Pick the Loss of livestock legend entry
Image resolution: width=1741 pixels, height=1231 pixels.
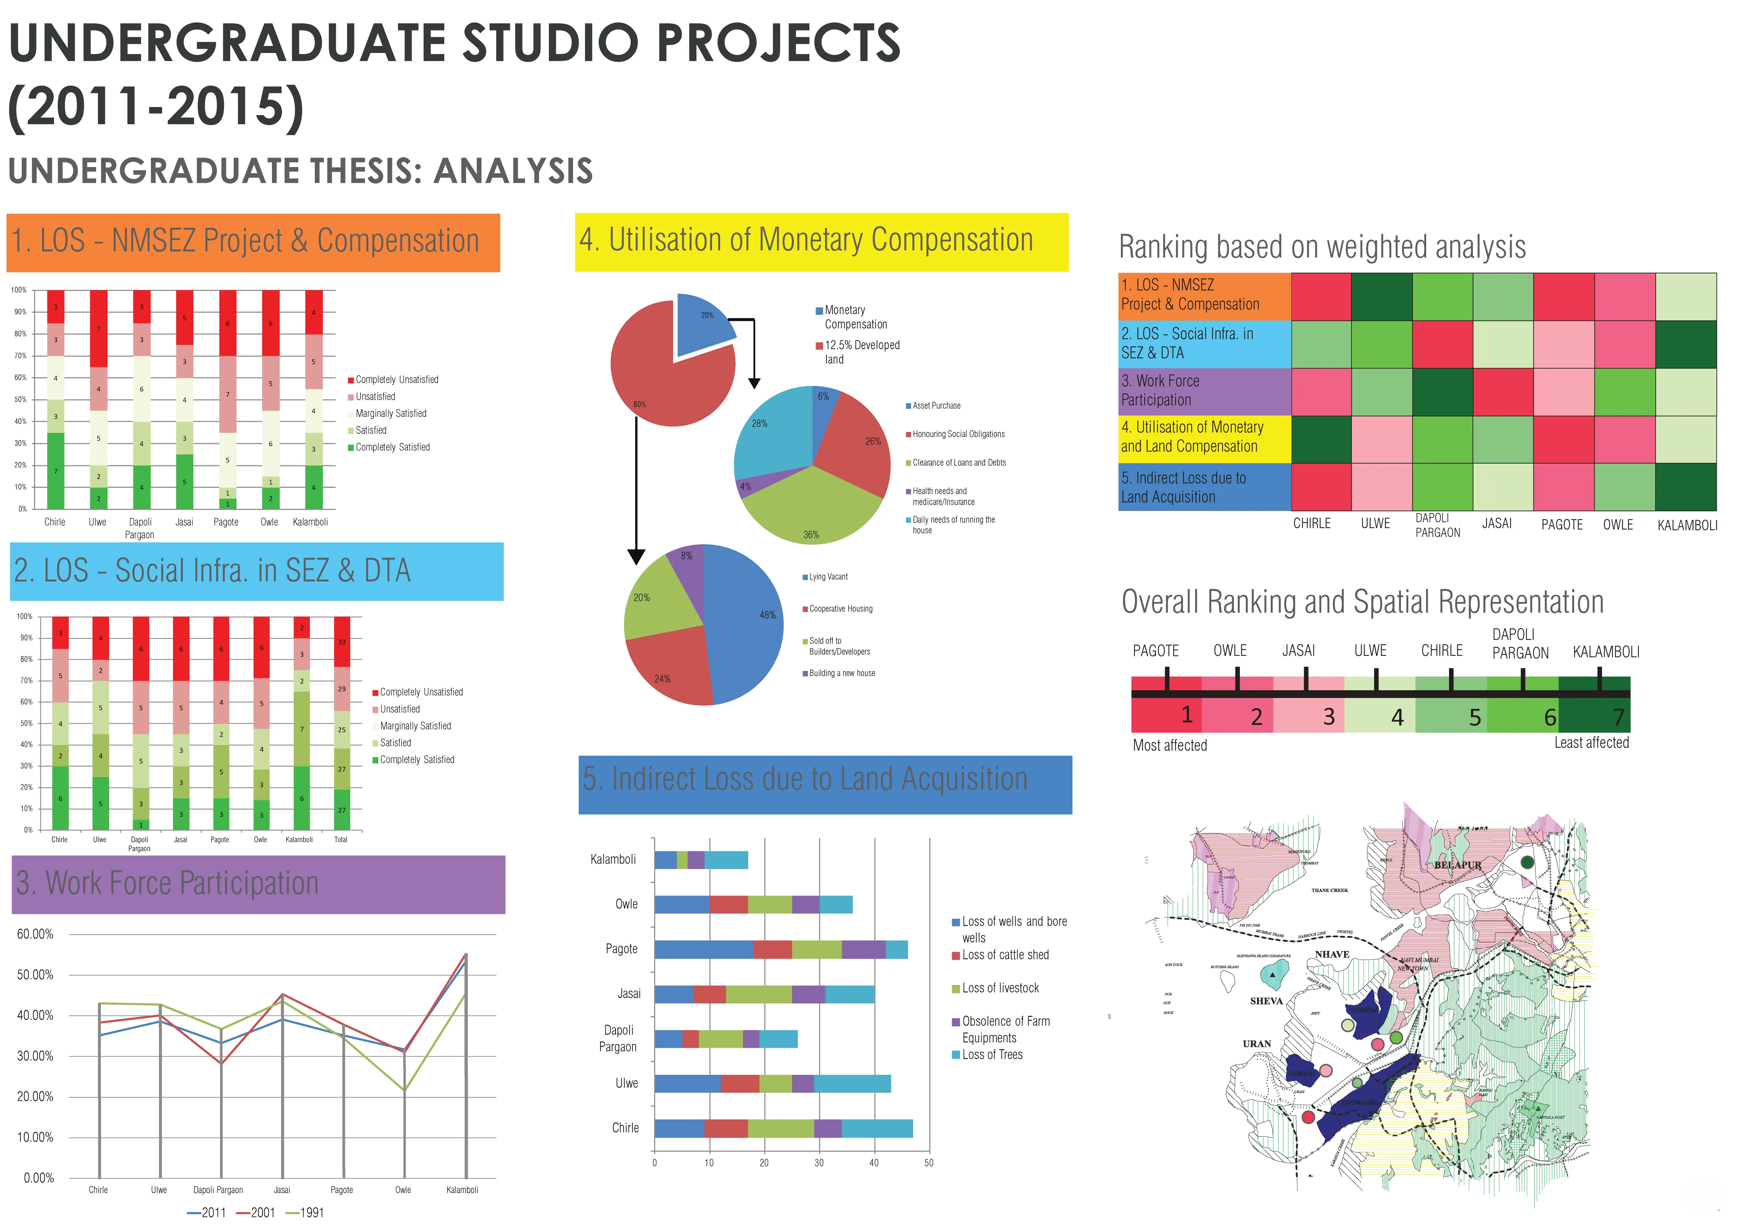coord(999,989)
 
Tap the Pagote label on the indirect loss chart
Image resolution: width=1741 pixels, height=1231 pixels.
coord(621,949)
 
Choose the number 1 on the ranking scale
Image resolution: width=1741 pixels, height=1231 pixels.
coord(1187,715)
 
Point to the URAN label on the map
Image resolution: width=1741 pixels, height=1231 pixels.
coord(1256,1044)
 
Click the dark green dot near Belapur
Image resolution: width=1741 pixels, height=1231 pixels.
coord(1527,862)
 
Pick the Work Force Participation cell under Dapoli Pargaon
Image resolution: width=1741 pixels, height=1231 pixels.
coord(1442,392)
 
